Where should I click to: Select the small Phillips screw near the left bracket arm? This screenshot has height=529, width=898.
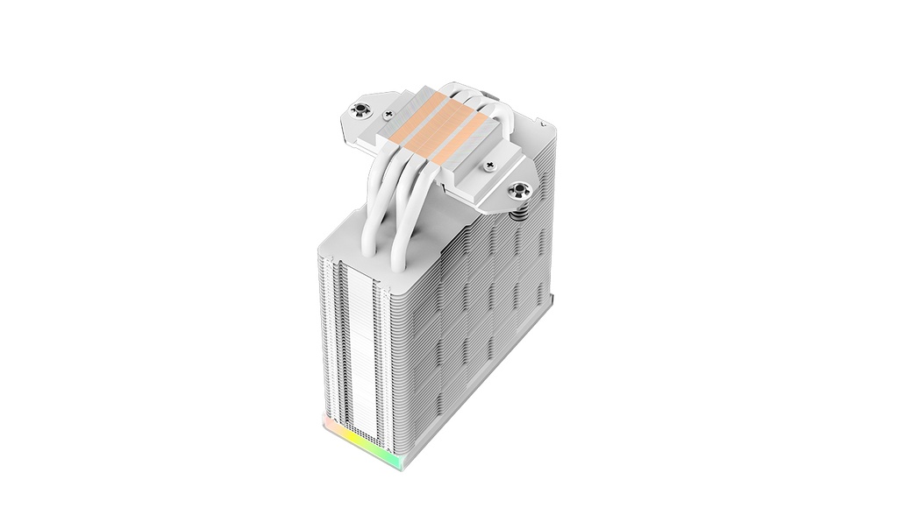click(388, 115)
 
